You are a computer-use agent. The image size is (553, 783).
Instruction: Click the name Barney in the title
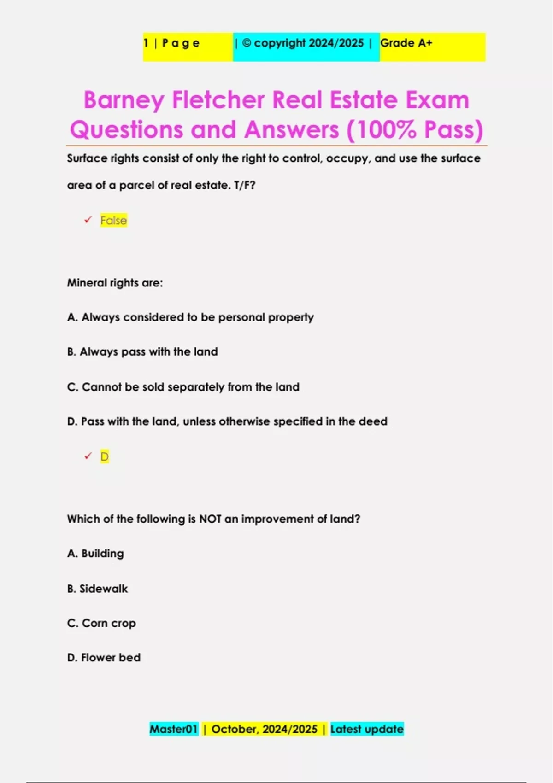(124, 100)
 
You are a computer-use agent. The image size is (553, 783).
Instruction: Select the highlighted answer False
(113, 221)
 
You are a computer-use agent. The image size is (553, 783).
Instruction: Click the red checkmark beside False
(88, 220)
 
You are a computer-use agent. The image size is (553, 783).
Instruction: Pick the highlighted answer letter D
(105, 456)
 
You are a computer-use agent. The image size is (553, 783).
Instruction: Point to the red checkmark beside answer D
(88, 456)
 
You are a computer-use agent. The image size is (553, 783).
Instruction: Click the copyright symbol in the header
(247, 43)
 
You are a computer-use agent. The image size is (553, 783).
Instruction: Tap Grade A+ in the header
(406, 43)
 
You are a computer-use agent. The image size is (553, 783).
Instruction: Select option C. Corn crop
(101, 623)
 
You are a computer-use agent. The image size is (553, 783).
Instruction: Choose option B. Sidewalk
(97, 589)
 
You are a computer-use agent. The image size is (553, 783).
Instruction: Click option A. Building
(95, 554)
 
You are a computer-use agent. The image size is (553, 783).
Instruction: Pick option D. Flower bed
(104, 658)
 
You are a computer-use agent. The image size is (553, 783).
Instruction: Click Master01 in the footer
(174, 729)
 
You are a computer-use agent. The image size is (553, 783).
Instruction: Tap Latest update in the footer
(367, 729)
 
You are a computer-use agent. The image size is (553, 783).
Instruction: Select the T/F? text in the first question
(244, 185)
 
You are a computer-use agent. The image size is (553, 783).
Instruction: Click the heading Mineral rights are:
(115, 283)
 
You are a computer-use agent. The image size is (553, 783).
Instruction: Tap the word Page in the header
(181, 43)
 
